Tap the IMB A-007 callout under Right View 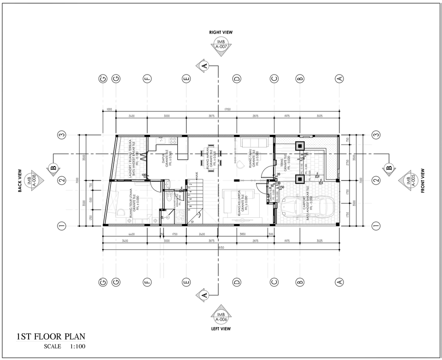[x=221, y=45]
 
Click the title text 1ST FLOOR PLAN [x=50, y=337]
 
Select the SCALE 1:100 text [x=64, y=347]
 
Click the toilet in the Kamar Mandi [x=169, y=197]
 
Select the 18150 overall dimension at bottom [x=221, y=247]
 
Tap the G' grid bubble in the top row [x=103, y=79]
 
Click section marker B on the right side [x=389, y=168]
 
